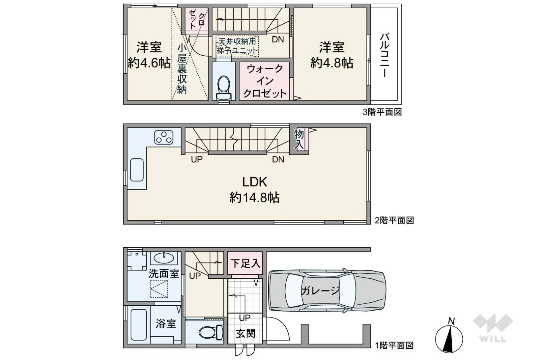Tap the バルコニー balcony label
click(384, 55)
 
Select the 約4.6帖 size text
click(149, 63)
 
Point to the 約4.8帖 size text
click(331, 63)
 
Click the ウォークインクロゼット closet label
click(265, 81)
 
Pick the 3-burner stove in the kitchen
click(164, 137)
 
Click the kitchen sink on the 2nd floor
click(137, 170)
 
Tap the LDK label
click(254, 182)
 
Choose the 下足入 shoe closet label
click(245, 263)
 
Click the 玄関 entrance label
click(245, 333)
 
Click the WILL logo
click(493, 327)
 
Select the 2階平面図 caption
click(394, 220)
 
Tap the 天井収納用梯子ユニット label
click(237, 46)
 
